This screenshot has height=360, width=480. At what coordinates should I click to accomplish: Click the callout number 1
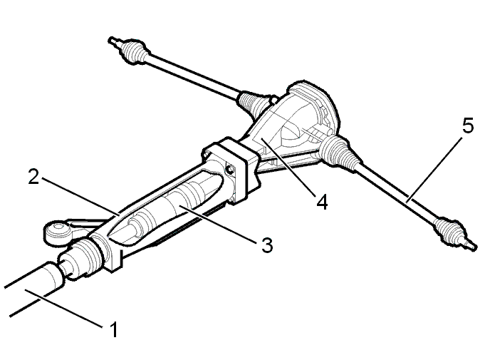tap(113, 329)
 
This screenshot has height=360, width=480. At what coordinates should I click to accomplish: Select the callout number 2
tap(33, 177)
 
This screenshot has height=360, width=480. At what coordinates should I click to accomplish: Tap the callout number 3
tap(267, 245)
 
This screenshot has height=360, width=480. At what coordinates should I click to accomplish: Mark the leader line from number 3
tap(218, 225)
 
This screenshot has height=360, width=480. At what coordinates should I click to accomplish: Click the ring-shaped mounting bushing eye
tap(57, 232)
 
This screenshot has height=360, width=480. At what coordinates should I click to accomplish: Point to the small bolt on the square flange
tap(229, 168)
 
